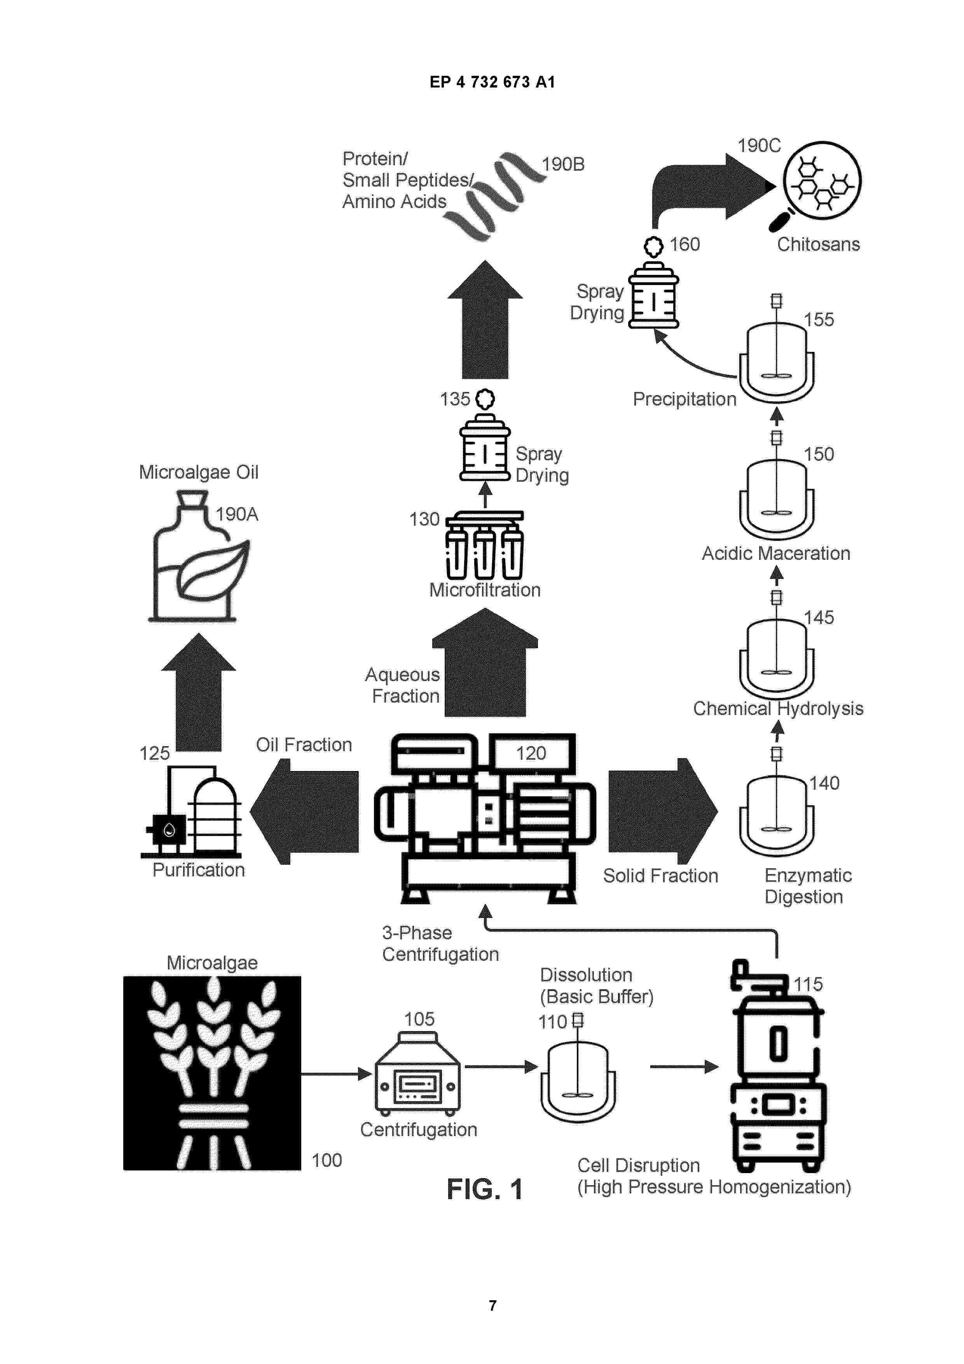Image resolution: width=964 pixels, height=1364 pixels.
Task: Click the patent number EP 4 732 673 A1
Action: [492, 82]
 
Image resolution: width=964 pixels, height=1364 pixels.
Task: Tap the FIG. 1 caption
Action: [485, 1189]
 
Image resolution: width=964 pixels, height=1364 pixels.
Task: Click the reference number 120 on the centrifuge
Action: [531, 753]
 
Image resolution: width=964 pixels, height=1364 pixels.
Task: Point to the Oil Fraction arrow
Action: [304, 811]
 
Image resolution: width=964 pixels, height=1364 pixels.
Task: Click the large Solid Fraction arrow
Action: [663, 811]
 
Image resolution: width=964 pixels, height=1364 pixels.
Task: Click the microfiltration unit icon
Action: [485, 545]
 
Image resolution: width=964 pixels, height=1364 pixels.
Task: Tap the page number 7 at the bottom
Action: [492, 1305]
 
